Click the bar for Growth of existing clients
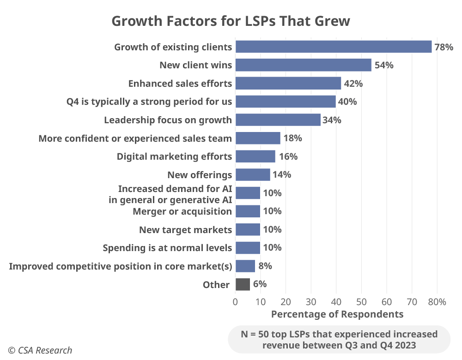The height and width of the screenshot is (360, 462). [x=333, y=47]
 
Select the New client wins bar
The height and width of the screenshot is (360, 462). [x=303, y=65]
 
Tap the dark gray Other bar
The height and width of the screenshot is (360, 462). [x=243, y=284]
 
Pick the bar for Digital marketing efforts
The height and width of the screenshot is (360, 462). [x=255, y=156]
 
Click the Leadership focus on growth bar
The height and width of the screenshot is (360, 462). [x=278, y=120]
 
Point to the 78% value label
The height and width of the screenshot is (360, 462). [x=444, y=47]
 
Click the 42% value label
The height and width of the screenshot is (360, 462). [x=353, y=84]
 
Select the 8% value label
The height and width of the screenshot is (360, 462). [x=265, y=266]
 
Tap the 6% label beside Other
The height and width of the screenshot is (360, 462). [x=260, y=284]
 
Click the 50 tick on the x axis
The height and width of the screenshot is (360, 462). [x=361, y=302]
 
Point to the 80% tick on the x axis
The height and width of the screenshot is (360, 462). [x=437, y=302]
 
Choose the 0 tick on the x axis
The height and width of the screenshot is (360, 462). [x=236, y=302]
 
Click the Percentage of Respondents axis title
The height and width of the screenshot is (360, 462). [x=337, y=314]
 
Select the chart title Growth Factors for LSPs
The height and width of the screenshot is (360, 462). [x=231, y=21]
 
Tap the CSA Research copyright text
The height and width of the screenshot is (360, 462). [x=40, y=350]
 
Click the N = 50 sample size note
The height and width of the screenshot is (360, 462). [x=339, y=339]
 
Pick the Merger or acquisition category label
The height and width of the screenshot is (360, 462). [x=182, y=211]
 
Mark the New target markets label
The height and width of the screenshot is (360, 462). [x=185, y=230]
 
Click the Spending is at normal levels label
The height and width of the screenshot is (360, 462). [x=167, y=248]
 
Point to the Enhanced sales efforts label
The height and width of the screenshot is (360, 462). [x=180, y=84]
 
